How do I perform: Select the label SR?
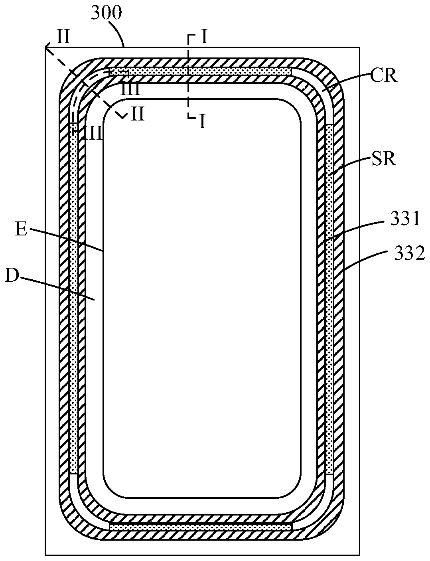click(384, 159)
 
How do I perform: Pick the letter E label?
click(21, 229)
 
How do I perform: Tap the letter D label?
click(12, 277)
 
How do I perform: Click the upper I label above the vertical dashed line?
click(204, 37)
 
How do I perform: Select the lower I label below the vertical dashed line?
click(202, 122)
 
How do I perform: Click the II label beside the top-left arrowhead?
click(63, 37)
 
